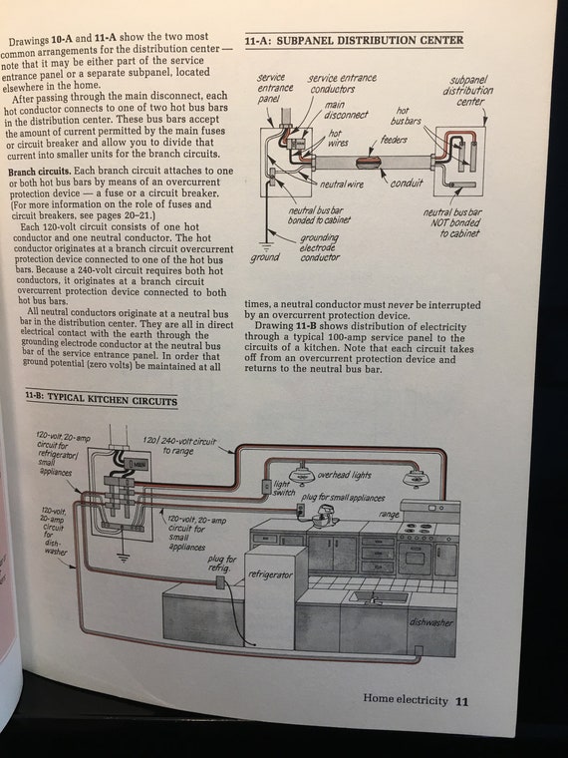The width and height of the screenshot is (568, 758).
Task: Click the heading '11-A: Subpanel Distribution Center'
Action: point(354,40)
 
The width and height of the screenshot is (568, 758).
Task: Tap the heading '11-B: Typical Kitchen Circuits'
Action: point(102,399)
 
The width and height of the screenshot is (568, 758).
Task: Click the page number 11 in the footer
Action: point(461,701)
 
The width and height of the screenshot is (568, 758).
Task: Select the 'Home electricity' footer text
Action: point(406,699)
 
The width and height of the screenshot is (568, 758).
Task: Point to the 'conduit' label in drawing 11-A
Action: point(407,183)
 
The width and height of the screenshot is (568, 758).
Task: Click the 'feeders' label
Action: point(394,140)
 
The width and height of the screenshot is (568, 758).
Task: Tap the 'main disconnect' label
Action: point(345,110)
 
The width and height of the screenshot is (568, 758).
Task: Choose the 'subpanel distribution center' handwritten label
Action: point(467,91)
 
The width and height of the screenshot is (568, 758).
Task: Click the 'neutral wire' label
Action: point(341,185)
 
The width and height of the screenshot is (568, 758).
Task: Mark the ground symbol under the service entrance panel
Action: point(265,245)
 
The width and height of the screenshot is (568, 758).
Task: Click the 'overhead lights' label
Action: point(344,475)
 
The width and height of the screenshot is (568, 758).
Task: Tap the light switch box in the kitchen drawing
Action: point(266,487)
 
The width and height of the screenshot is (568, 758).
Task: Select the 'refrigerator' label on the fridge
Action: point(270,574)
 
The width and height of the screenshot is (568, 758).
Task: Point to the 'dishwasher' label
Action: point(430,622)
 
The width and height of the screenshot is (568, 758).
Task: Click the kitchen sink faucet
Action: point(373,598)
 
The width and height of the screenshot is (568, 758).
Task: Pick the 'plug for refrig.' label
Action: point(221,563)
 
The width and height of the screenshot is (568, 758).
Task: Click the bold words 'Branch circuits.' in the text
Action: point(40,172)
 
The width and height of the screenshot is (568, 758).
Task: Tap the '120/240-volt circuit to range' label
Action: point(179,446)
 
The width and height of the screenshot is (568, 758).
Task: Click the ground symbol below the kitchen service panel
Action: point(124,558)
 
